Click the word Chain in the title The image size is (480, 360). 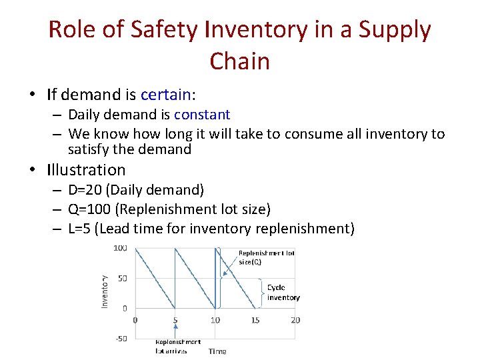239,61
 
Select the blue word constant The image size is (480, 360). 202,115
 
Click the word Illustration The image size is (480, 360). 86,170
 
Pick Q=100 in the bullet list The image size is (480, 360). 90,209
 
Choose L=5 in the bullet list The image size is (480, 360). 80,229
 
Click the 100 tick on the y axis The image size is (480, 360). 121,249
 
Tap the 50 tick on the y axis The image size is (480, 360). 123,279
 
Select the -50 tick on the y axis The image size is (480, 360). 121,338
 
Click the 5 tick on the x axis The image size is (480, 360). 175,321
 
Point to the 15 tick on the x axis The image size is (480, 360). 255,321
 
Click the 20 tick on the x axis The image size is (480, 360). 295,321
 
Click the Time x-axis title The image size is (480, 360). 217,351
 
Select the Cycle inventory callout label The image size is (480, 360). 283,293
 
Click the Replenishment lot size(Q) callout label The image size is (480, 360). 266,257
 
